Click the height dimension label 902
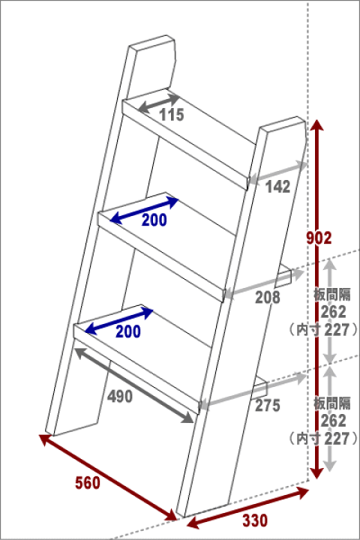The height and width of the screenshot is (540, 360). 319,238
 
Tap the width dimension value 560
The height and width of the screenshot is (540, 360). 88,483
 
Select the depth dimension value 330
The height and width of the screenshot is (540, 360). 255,520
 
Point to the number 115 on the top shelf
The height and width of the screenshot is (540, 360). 172,115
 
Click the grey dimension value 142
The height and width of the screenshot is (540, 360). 277,187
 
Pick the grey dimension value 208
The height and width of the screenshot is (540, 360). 268,298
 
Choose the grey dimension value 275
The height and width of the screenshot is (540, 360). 268,405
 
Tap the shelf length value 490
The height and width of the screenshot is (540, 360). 120,397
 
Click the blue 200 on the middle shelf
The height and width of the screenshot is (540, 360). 154,220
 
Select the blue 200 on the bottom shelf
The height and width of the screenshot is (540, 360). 128,331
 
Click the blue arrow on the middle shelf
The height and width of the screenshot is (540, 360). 144,210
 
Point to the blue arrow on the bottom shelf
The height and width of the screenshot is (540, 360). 118,320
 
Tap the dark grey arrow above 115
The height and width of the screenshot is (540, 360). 159,103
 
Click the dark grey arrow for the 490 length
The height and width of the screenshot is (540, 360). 134,385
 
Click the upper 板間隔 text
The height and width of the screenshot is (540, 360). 332,295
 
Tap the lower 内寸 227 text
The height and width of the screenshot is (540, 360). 323,439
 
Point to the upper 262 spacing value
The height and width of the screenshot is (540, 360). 333,312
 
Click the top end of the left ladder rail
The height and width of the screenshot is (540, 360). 151,40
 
